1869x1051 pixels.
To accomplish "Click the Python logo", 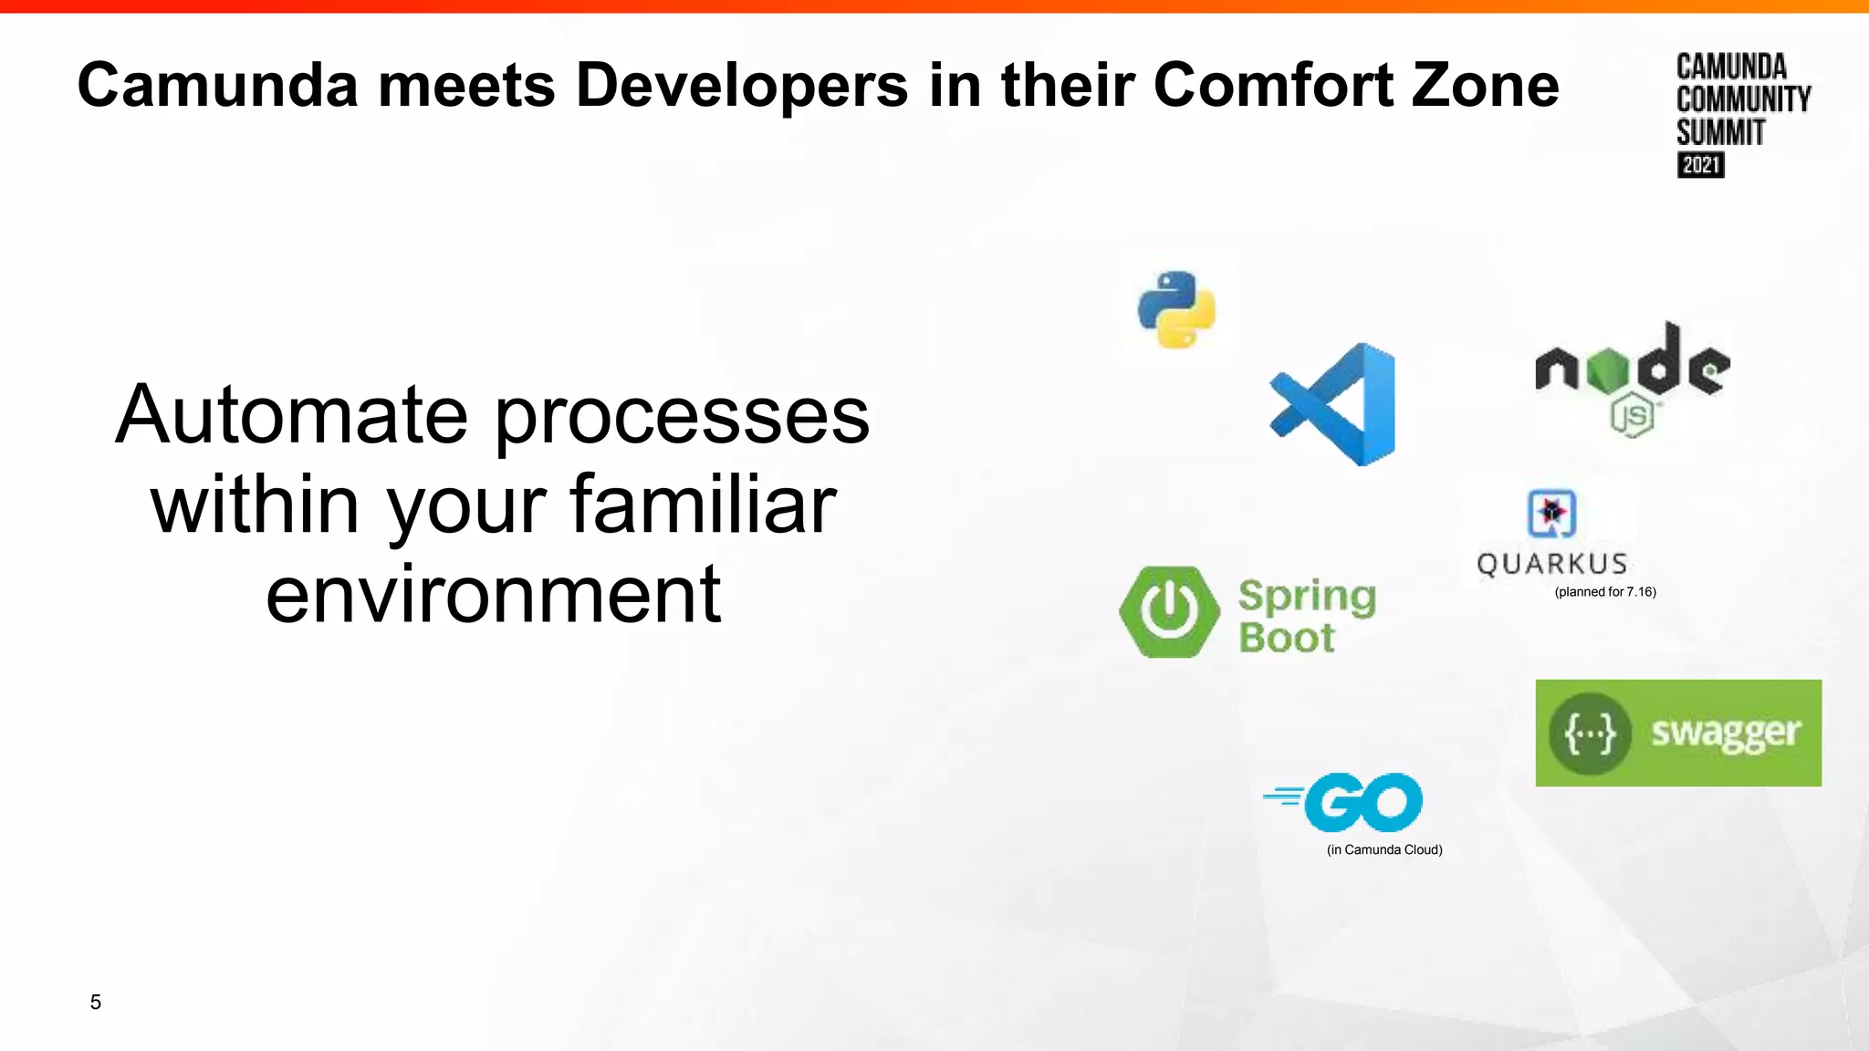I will tap(1176, 309).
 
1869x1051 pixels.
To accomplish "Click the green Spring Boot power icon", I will tap(1169, 611).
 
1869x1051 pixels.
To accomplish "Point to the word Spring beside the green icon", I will tap(1306, 597).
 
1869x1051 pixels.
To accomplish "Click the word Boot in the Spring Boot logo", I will tap(1286, 638).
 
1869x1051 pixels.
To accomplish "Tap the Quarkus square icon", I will tap(1551, 514).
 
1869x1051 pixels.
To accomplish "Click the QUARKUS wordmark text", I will tap(1551, 564).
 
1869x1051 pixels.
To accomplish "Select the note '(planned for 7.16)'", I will tap(1604, 592).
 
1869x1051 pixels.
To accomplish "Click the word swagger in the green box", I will tap(1725, 733).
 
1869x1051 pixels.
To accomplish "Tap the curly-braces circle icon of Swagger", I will tap(1590, 734).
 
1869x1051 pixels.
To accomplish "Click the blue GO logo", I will tap(1362, 802).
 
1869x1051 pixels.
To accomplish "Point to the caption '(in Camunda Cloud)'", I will tap(1383, 849).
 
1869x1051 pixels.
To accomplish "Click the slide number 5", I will tap(95, 1002).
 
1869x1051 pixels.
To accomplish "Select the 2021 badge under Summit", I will tap(1700, 165).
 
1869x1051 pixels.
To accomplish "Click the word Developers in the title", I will tap(741, 85).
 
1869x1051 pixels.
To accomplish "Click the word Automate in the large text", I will tap(291, 415).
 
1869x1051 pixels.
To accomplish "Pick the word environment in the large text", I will tap(493, 594).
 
